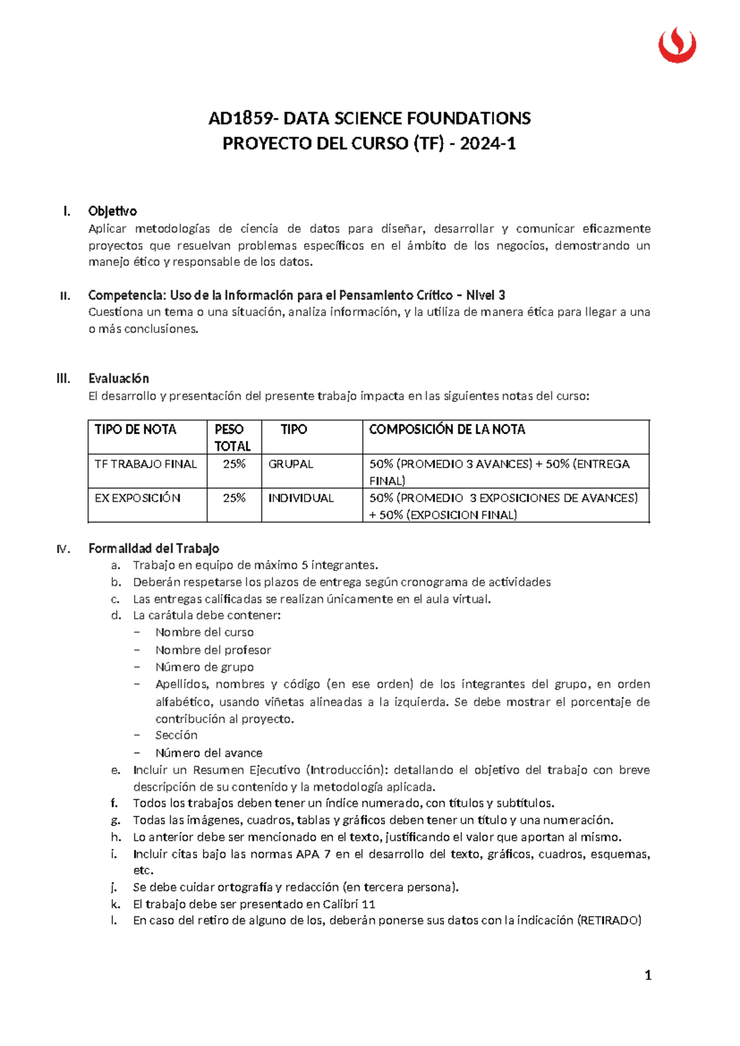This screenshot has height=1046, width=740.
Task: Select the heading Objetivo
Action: pos(112,211)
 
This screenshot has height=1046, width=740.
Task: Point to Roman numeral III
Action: pos(63,379)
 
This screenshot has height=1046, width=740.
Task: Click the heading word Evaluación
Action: pos(118,379)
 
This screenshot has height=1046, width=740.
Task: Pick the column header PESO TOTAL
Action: pos(232,437)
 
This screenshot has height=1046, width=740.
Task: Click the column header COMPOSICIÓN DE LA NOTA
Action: pos(446,429)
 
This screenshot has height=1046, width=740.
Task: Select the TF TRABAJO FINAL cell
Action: pos(146,464)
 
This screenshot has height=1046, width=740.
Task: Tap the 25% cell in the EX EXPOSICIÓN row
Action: pos(234,498)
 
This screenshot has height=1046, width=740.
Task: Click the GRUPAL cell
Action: pos(290,464)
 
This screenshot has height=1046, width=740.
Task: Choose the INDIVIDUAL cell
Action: pos(300,498)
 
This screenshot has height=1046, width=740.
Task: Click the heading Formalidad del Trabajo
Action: pos(154,548)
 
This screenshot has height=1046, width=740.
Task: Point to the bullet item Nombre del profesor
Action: pos(213,650)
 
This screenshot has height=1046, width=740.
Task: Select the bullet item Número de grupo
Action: pos(204,667)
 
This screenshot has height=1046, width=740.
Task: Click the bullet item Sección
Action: pos(176,735)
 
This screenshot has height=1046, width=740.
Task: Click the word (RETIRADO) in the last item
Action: pos(609,921)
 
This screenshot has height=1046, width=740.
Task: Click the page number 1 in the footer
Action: pos(647,975)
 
